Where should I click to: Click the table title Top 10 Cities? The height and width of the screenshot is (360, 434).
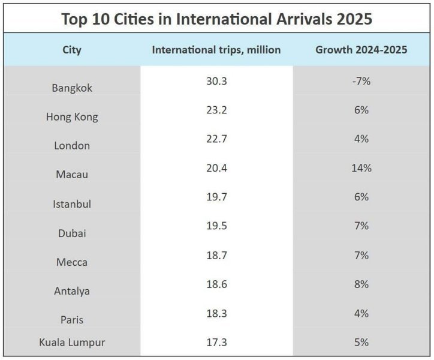pos(216,19)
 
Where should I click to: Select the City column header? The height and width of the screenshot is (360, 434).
pos(72,50)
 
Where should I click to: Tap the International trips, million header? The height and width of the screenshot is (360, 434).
pos(216,50)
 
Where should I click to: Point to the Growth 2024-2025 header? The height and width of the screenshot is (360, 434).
pos(361,50)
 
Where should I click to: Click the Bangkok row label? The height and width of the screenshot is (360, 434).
pos(72,88)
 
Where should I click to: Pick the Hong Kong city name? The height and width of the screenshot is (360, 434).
pos(72,117)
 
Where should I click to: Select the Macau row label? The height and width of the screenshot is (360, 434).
pos(72,175)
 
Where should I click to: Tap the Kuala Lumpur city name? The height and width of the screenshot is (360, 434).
pos(72,343)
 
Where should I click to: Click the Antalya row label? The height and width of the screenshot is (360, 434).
pos(72,291)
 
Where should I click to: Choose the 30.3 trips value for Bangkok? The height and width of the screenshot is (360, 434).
pos(216,81)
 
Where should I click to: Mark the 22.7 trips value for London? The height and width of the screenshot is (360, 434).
pos(216,139)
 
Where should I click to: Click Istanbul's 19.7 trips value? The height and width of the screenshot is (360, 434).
pos(216,197)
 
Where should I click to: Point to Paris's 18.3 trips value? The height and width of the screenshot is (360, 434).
pos(216,314)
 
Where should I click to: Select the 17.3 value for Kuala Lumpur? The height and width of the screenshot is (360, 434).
pos(216,343)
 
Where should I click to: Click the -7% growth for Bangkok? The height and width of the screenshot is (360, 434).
pos(361,81)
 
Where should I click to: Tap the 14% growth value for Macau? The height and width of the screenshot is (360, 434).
pos(361,169)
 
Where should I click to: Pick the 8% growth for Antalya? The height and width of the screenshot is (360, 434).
pos(361,285)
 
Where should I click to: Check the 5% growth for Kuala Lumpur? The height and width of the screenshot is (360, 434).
pos(361,343)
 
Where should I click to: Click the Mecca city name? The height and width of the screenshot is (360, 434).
pos(72,262)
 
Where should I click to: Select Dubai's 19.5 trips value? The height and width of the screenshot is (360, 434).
pos(216,226)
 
